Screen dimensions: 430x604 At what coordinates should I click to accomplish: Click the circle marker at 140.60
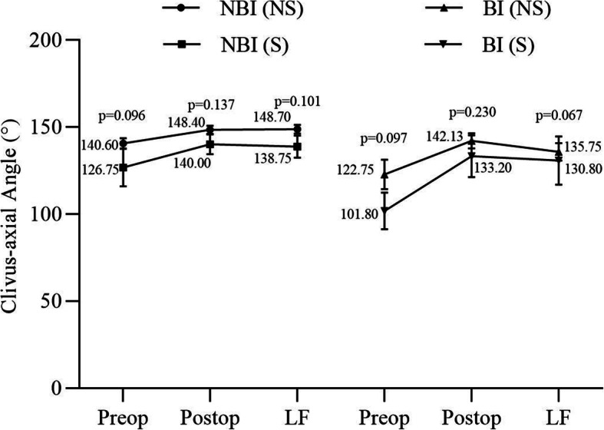coord(124,144)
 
